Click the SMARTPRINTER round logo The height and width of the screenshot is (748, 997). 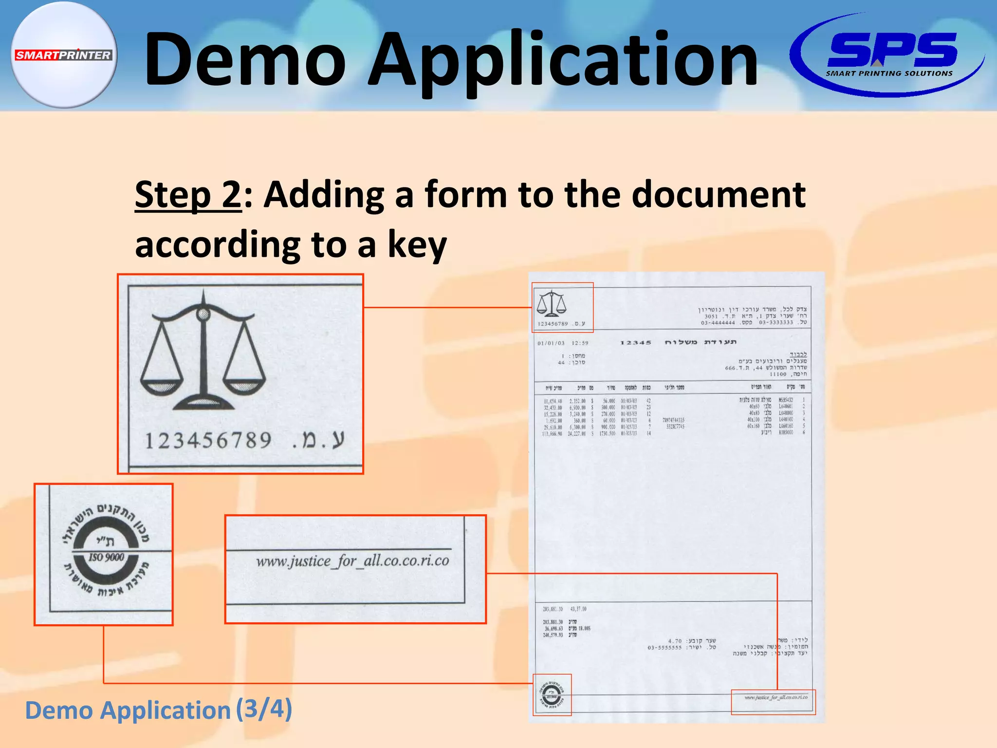(x=63, y=55)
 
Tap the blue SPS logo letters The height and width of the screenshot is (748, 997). (x=892, y=50)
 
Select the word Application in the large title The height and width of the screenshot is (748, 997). (x=562, y=61)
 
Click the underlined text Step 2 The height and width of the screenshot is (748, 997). (x=188, y=194)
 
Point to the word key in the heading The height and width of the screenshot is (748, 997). (x=417, y=245)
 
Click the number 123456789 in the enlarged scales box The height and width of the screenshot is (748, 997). (x=208, y=441)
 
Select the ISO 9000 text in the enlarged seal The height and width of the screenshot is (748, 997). (x=106, y=557)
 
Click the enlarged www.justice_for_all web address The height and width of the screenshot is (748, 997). (x=352, y=561)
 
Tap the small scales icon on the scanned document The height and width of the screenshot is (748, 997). (x=552, y=303)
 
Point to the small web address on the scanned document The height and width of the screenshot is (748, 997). (x=775, y=697)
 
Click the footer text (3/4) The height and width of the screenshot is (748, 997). (x=264, y=709)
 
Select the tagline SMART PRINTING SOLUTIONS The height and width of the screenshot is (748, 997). (x=889, y=74)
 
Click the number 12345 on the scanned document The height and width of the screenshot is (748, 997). (x=635, y=343)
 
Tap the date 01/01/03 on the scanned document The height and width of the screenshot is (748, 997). (x=551, y=343)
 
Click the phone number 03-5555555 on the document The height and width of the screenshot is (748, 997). (x=665, y=648)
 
